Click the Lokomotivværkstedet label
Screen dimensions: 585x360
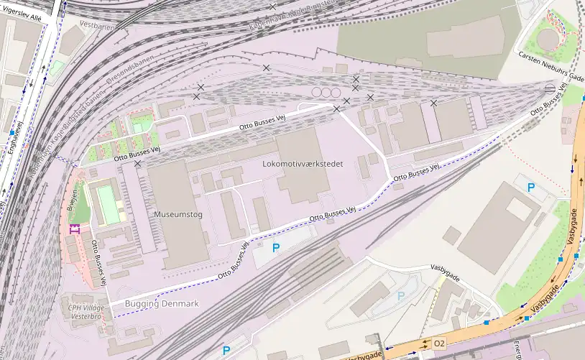(303, 164)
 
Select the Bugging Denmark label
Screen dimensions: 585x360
(162, 304)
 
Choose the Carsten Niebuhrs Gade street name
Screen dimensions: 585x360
(552, 66)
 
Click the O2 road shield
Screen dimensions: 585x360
(439, 344)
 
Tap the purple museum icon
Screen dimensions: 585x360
(73, 229)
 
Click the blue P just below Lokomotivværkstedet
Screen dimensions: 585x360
(276, 247)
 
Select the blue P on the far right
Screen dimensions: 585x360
(531, 188)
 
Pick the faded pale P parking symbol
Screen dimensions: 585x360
(401, 295)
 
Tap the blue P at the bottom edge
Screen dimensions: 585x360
(226, 351)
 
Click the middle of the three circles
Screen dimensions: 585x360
(326, 93)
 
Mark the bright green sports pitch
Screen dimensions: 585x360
(109, 204)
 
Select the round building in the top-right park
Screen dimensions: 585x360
(549, 37)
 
